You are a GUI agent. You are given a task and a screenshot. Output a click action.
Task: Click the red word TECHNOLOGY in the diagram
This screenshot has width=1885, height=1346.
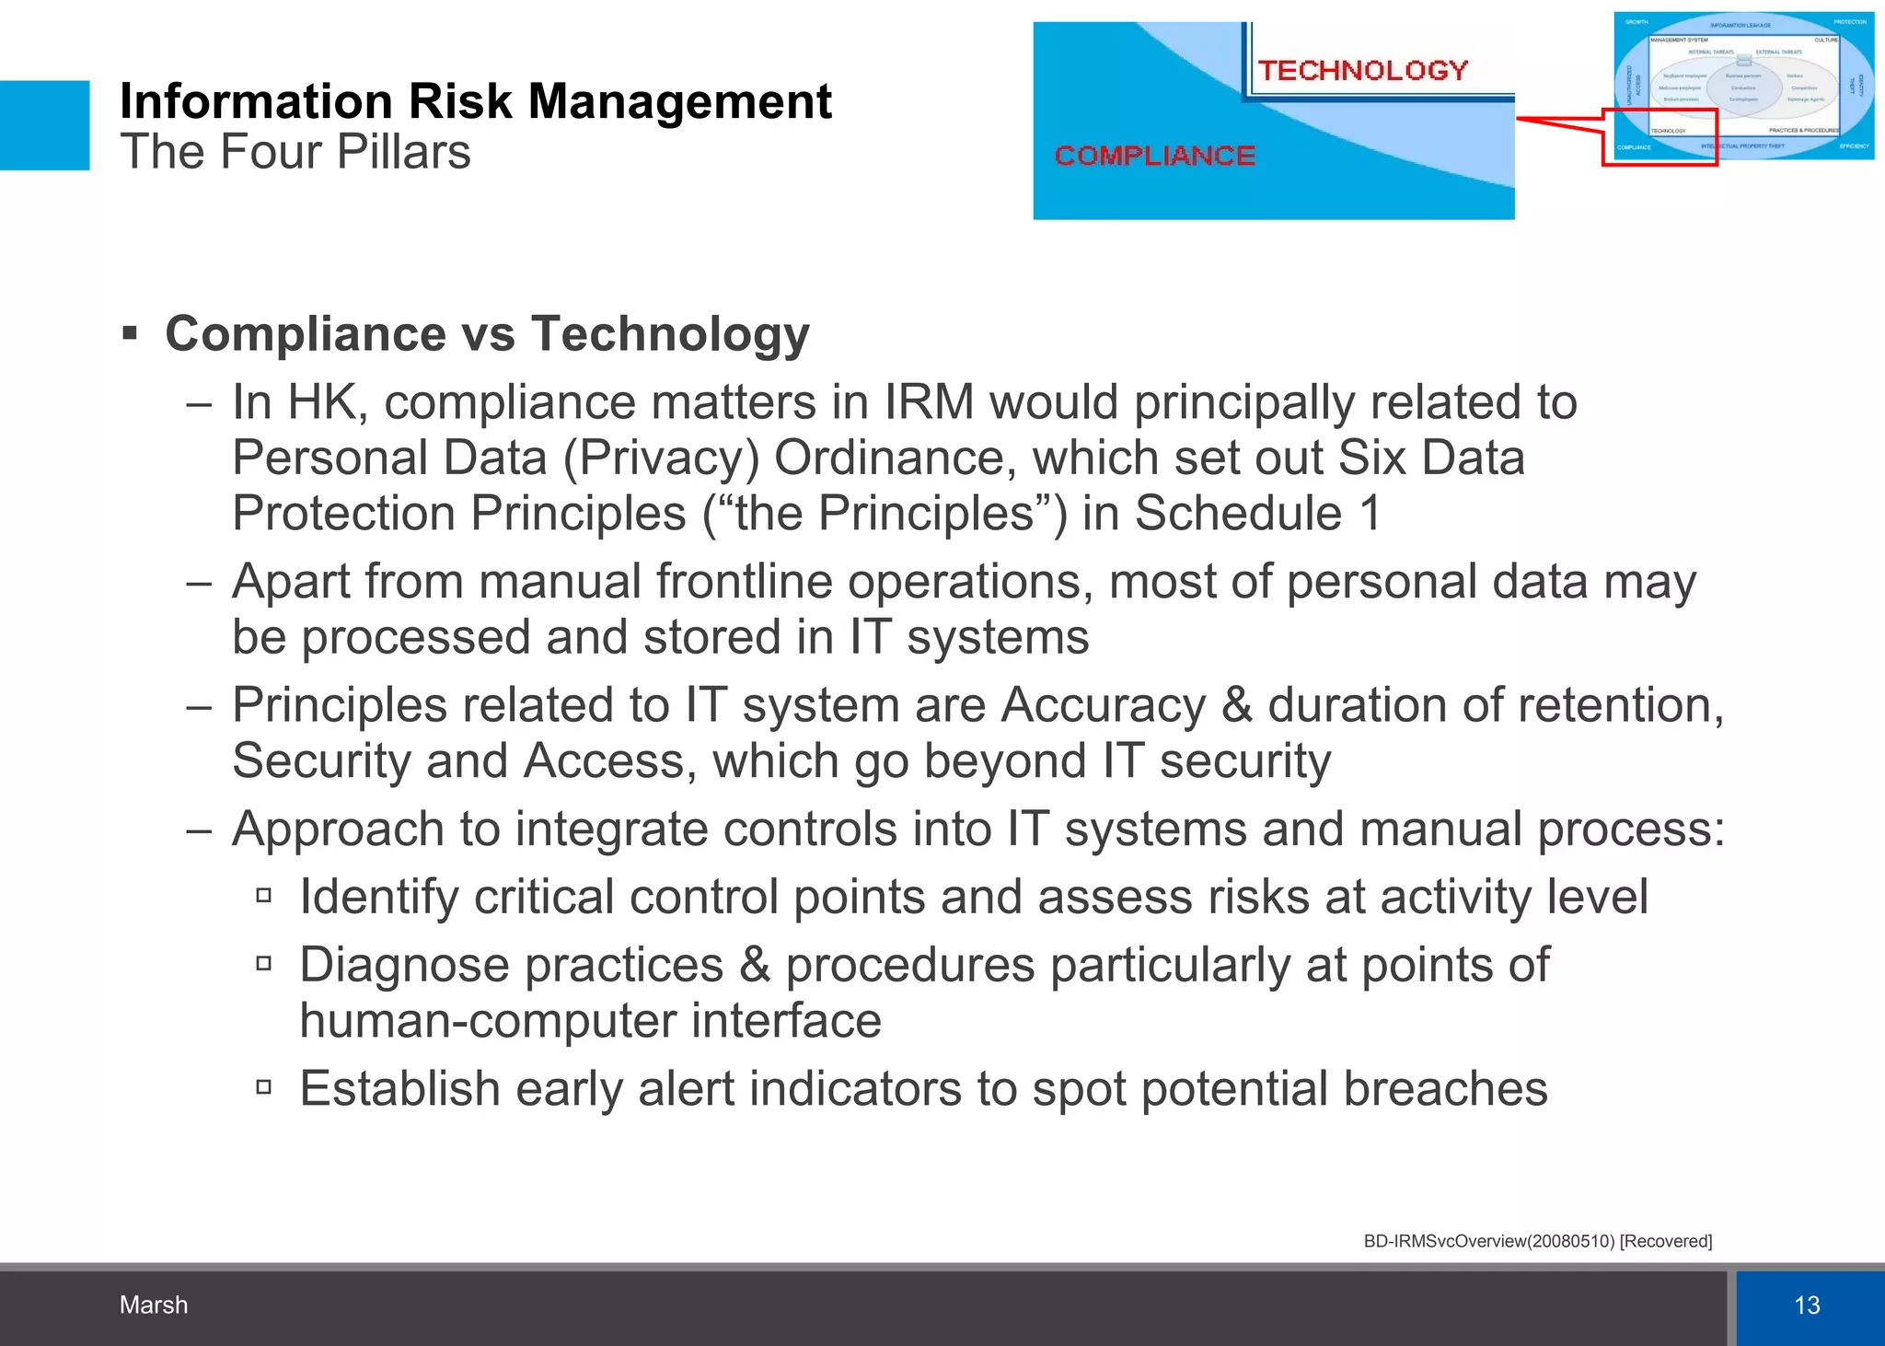point(1362,70)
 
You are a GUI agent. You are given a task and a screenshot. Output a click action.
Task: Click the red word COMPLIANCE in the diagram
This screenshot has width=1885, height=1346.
point(1154,156)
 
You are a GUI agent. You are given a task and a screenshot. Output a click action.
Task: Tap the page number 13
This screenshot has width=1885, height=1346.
point(1807,1305)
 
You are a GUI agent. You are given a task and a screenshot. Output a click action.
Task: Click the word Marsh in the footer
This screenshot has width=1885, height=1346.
point(154,1305)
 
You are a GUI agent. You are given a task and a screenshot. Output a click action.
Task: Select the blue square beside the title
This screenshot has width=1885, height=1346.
point(44,125)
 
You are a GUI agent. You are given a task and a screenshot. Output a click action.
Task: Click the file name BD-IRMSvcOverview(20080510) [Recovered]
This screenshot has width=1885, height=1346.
point(1537,1241)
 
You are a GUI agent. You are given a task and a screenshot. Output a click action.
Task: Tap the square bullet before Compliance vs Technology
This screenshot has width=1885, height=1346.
point(130,332)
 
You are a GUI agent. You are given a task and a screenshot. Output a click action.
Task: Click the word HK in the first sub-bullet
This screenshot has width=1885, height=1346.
point(321,402)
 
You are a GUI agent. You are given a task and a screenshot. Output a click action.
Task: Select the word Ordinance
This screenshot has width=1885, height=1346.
point(895,458)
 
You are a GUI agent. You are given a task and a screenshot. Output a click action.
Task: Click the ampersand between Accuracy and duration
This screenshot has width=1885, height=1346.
point(1236,705)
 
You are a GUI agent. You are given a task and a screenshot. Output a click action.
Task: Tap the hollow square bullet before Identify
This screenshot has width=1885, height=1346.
point(264,895)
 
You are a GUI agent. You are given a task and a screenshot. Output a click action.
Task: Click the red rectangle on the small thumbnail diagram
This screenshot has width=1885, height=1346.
point(1659,137)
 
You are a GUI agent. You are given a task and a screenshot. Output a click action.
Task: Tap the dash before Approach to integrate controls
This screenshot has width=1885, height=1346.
point(199,830)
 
